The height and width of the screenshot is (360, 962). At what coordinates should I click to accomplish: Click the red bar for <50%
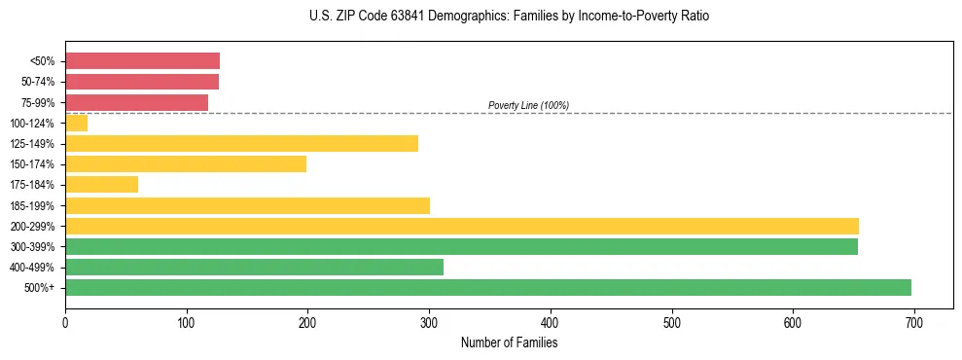142,61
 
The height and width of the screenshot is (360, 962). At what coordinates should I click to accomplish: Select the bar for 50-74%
142,82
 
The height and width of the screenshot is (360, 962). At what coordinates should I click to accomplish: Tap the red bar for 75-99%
136,102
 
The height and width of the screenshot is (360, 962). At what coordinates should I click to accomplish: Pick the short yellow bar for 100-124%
76,123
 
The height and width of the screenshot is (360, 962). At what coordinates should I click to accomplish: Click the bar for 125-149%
241,144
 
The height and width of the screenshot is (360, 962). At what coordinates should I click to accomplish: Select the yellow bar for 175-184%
101,185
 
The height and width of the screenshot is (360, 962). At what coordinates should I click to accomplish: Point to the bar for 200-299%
462,226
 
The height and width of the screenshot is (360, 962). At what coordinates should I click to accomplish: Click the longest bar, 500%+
488,287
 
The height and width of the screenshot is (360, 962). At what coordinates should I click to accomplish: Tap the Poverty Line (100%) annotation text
528,105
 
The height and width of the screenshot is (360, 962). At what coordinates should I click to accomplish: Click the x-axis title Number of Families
509,342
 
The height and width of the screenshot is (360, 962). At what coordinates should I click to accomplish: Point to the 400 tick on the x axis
551,322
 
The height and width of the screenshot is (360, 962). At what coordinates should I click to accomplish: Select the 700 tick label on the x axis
914,322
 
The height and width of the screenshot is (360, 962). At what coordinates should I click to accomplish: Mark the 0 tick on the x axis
65,322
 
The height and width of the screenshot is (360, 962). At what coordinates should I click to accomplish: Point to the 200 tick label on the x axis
307,322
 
